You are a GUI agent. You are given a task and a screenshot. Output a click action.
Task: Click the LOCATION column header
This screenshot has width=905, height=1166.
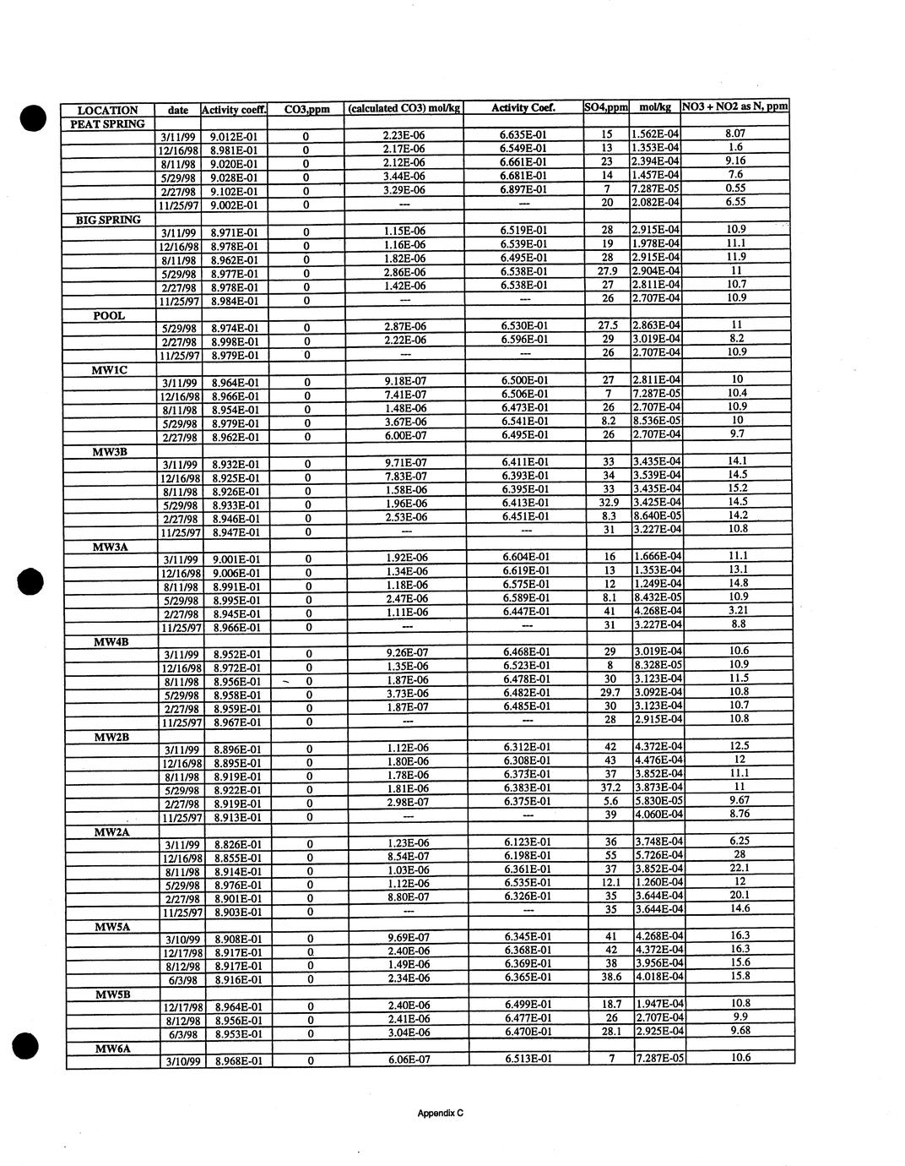(107, 110)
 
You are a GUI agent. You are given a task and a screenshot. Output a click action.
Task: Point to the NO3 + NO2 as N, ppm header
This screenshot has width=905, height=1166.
(734, 106)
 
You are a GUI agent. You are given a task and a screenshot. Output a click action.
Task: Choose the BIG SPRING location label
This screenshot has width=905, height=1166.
(108, 220)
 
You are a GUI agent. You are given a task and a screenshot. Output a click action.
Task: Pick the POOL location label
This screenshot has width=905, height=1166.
(109, 315)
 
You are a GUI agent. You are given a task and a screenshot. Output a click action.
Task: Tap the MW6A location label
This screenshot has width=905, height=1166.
(111, 1049)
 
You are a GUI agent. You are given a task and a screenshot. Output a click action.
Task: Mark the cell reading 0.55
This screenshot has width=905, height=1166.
(735, 188)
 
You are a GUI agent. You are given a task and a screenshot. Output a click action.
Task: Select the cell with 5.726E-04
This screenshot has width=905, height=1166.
(658, 855)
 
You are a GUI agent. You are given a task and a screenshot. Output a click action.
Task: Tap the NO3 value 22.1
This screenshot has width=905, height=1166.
(739, 868)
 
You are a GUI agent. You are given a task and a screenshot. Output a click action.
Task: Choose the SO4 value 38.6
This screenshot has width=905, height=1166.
(610, 977)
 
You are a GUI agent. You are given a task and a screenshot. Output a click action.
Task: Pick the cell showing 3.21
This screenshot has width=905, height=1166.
(738, 610)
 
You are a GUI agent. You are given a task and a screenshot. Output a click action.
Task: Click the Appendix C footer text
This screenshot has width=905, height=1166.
(441, 1113)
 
